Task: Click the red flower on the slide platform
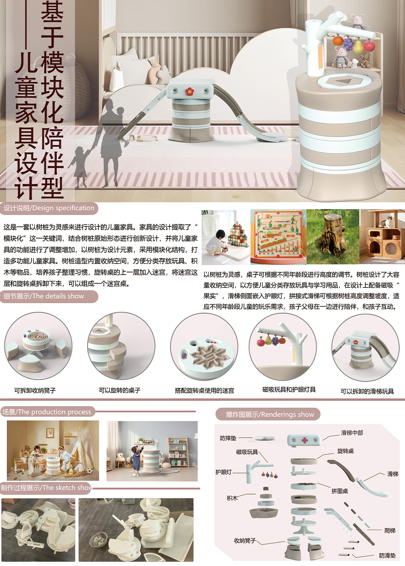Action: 189,91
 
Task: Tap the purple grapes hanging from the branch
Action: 348,44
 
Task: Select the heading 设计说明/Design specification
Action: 49,208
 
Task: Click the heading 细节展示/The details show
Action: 44,296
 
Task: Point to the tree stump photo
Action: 333,237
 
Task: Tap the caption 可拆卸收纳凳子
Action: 35,391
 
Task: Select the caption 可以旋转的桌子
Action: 119,391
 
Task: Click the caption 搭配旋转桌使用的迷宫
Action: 204,391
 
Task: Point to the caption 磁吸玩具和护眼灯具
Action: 289,390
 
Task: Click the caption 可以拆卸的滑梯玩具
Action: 367,391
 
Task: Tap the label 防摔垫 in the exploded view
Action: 228,438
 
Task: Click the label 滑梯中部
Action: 352,433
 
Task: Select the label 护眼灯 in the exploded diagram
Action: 224,472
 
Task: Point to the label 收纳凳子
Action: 245,541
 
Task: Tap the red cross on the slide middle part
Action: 305,440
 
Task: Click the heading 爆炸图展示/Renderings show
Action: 270,415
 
